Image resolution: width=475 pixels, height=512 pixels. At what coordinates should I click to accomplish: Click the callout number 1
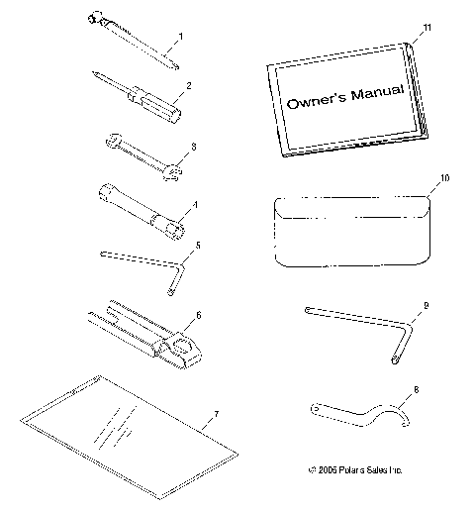(181, 37)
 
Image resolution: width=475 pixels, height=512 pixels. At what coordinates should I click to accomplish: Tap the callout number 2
(188, 85)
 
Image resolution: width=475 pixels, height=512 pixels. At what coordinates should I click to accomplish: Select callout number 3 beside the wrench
(195, 147)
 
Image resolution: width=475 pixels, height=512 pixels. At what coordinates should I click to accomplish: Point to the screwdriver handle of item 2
(162, 98)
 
